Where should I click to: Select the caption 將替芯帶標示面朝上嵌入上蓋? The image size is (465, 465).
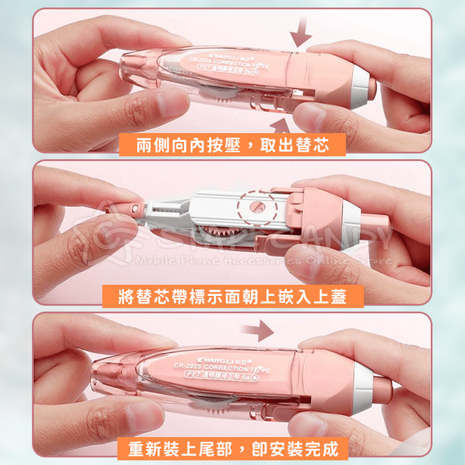(x=233, y=297)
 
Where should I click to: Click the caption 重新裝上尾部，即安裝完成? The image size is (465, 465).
(x=233, y=449)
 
